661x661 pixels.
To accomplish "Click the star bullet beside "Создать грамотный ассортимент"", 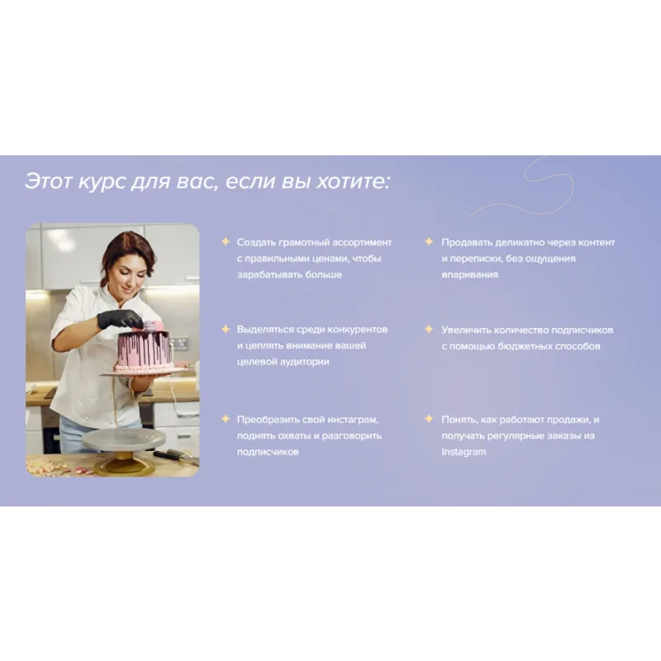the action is click(x=226, y=241).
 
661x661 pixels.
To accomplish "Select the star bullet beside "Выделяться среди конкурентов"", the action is click(x=226, y=329).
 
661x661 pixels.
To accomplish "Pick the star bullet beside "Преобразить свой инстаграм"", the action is click(x=226, y=419).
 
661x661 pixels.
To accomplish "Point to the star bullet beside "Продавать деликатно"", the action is click(x=429, y=241).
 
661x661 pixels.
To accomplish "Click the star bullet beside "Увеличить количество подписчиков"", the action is click(x=429, y=329).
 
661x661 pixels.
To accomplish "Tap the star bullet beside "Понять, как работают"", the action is click(x=429, y=419).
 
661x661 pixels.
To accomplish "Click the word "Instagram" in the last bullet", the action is click(x=464, y=452).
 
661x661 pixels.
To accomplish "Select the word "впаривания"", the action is click(x=469, y=275).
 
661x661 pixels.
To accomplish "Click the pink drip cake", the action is click(x=145, y=350).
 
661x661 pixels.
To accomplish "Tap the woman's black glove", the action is click(x=116, y=319).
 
